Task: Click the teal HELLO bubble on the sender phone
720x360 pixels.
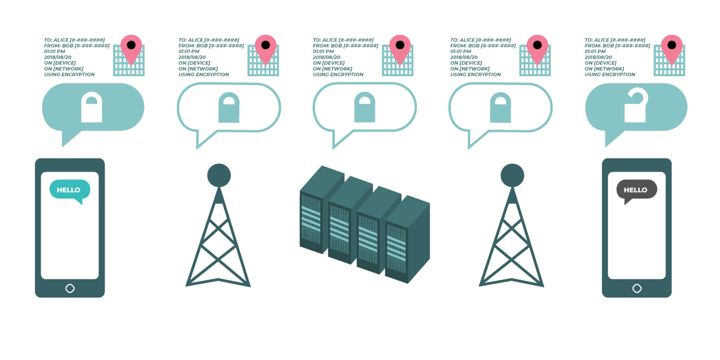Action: click(x=69, y=190)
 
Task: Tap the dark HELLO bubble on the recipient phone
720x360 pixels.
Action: click(x=636, y=190)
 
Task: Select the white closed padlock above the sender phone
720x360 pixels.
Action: click(x=92, y=108)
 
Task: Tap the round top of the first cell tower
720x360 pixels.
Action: click(x=219, y=175)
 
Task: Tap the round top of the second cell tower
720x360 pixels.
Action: click(x=512, y=175)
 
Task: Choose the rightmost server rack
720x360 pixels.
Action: click(x=407, y=240)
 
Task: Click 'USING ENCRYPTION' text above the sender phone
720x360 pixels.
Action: click(x=70, y=75)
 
